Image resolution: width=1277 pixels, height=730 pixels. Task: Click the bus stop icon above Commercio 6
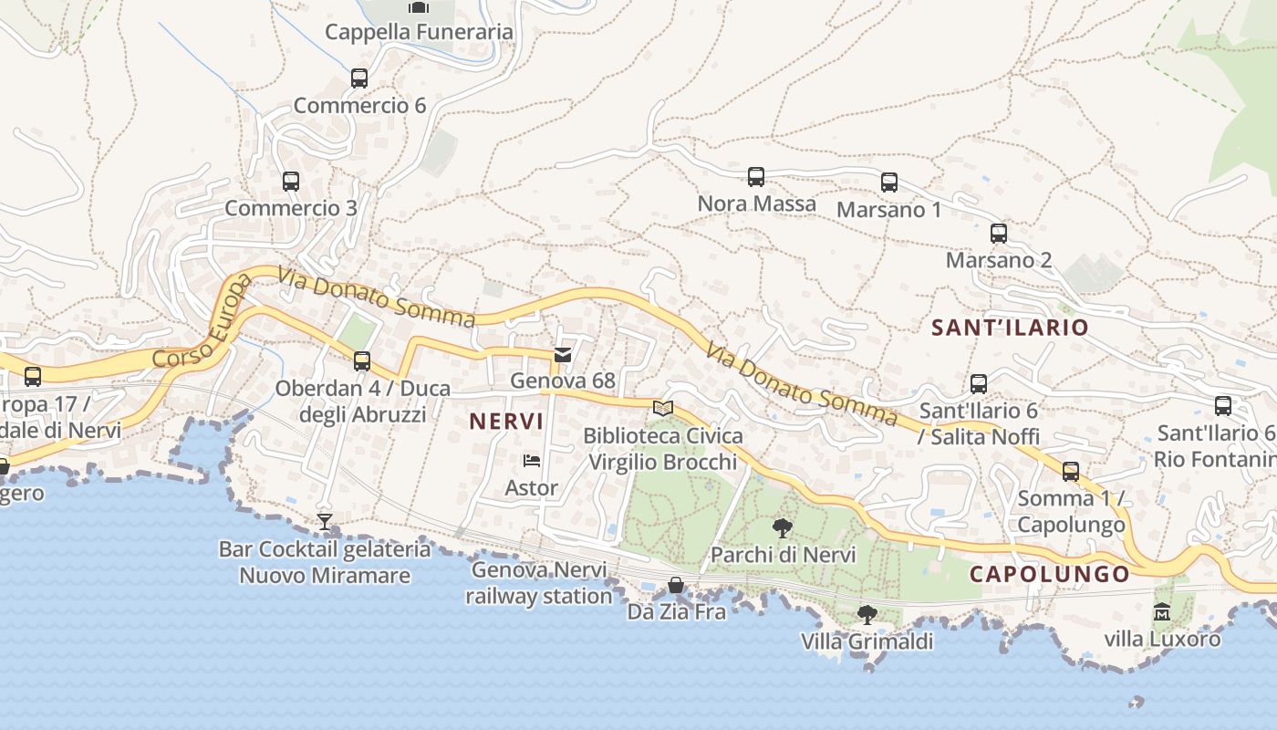coord(359,78)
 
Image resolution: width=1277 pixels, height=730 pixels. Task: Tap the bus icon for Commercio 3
coord(291,182)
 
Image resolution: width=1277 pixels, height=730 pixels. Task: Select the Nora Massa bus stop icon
coord(756,177)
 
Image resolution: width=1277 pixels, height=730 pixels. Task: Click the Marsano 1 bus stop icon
coord(889,182)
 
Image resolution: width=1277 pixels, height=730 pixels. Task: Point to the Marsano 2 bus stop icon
coord(999,234)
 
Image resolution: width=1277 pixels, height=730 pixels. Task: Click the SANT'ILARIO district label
coord(1010,328)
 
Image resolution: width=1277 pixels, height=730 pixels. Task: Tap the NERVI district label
coord(506,422)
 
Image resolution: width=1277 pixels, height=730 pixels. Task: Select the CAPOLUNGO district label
coord(1049,574)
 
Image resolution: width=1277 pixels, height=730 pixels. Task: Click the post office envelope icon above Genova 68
coord(563,355)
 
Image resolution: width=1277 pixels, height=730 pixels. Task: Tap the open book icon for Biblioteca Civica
coord(663,408)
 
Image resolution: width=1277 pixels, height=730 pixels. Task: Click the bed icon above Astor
coord(532,461)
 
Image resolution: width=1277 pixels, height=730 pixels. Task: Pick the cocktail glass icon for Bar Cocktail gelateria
coord(324,522)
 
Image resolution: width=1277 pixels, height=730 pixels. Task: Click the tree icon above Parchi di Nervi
coord(782,527)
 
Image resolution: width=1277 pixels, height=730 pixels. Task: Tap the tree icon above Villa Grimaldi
coord(867,614)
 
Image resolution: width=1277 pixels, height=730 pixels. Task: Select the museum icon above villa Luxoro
coord(1162,611)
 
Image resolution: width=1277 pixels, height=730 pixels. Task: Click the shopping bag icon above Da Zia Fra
coord(676,585)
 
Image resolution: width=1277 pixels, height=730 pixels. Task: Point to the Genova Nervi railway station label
coord(539,583)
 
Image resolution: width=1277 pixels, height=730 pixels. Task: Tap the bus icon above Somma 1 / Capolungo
coord(1071,472)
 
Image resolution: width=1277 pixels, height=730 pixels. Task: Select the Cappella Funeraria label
coord(419,32)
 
